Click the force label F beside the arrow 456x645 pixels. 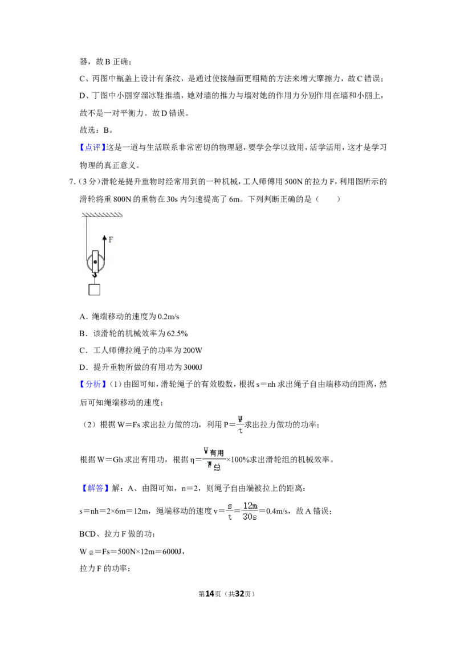click(x=111, y=239)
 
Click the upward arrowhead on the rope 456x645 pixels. click(x=104, y=238)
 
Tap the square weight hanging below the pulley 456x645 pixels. click(x=95, y=289)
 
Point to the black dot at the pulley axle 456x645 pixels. click(x=95, y=262)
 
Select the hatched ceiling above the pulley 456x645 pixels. click(x=102, y=214)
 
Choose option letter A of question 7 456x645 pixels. click(x=82, y=317)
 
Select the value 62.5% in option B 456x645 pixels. click(x=177, y=333)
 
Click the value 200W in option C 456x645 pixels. click(x=193, y=350)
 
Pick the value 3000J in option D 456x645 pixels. click(x=193, y=368)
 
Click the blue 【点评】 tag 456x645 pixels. click(x=92, y=147)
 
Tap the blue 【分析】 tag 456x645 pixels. click(x=93, y=384)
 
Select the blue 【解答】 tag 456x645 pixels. click(x=93, y=488)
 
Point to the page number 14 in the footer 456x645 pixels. click(x=210, y=594)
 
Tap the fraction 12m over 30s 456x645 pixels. click(x=250, y=511)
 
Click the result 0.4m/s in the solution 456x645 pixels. click(x=277, y=511)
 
